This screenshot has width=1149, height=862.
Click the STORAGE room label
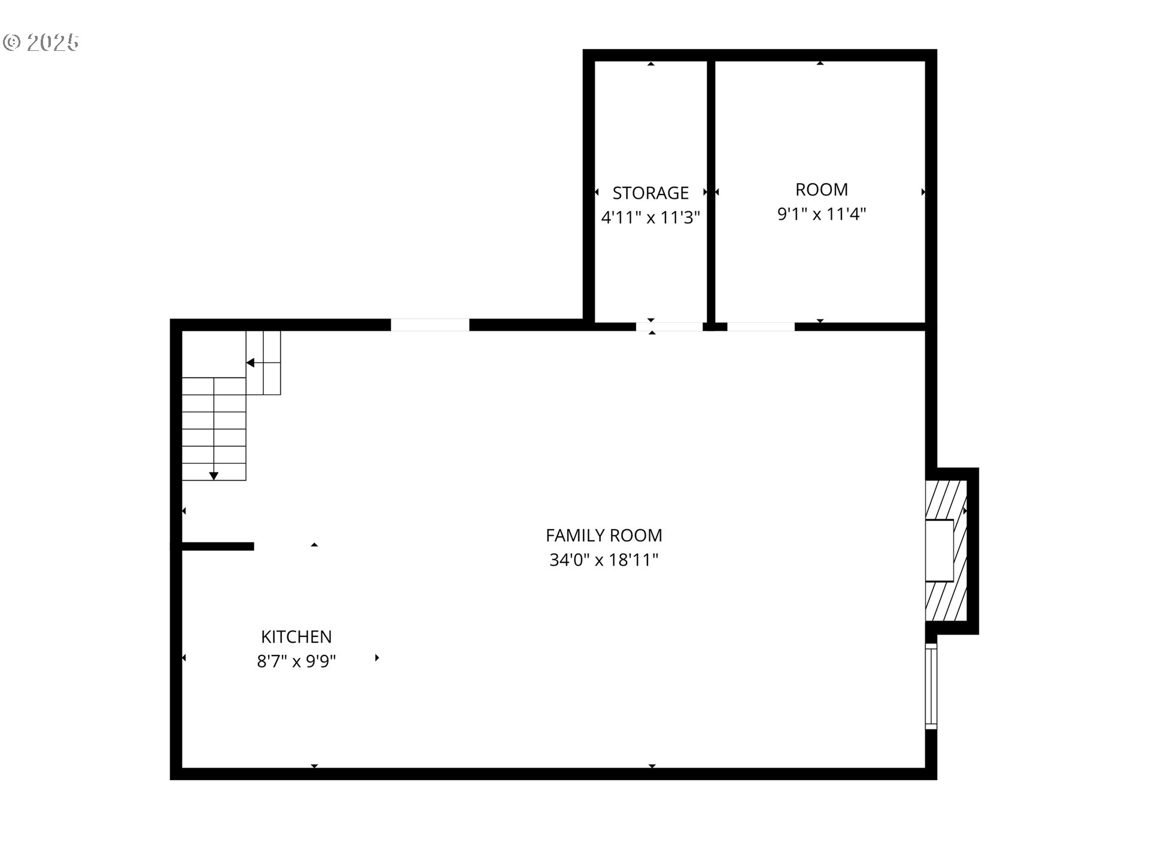point(651,193)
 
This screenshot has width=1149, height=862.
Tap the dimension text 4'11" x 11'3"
point(651,217)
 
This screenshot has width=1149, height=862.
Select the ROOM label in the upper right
point(821,190)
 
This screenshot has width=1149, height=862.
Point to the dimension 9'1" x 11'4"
point(821,214)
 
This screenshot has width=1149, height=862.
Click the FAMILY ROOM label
point(604,535)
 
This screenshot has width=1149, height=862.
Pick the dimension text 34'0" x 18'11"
point(604,560)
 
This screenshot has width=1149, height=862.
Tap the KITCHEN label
point(296,636)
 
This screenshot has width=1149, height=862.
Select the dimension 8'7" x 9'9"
point(296,661)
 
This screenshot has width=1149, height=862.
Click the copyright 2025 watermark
point(41,43)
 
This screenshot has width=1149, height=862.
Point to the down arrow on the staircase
point(214,476)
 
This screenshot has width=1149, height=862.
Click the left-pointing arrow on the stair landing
point(250,363)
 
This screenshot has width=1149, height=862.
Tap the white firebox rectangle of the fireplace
point(940,550)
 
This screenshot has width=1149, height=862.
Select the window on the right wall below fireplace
point(931,686)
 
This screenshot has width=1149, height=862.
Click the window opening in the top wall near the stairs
point(430,325)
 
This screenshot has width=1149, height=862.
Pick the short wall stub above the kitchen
point(217,546)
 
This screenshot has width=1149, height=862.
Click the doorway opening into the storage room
point(669,327)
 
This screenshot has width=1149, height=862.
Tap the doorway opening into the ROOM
point(761,327)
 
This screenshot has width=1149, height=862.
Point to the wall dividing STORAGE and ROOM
point(711,192)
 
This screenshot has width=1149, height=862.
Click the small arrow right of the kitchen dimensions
point(377,658)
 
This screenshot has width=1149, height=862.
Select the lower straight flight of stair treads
point(214,429)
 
